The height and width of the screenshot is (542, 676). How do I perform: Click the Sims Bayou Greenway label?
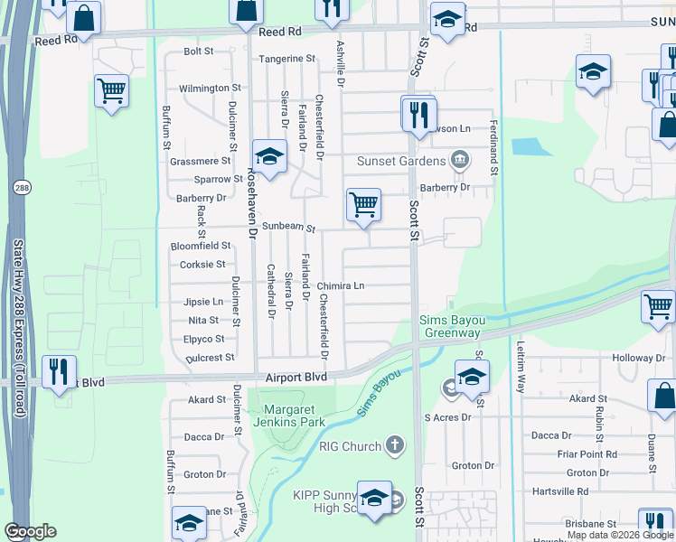[x=449, y=326]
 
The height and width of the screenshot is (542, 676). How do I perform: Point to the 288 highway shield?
[x=21, y=188]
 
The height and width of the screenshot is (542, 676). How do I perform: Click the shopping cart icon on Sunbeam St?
[x=363, y=204]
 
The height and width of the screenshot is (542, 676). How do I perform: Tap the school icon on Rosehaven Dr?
[x=269, y=157]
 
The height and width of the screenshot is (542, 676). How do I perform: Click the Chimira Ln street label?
[x=340, y=286]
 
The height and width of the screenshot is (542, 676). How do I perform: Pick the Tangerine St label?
[x=286, y=59]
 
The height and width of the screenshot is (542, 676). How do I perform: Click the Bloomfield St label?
[x=201, y=246]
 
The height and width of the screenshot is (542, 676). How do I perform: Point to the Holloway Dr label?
[x=639, y=359]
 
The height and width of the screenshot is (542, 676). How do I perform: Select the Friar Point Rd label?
[x=586, y=454]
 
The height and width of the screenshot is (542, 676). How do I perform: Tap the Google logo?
[x=30, y=531]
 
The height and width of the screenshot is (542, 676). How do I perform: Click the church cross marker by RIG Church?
[x=393, y=445]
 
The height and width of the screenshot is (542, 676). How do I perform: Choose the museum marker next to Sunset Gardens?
[x=460, y=161]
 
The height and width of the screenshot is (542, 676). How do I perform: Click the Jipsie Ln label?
[x=203, y=302]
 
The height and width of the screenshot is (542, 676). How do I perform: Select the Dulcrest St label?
[x=209, y=359]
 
